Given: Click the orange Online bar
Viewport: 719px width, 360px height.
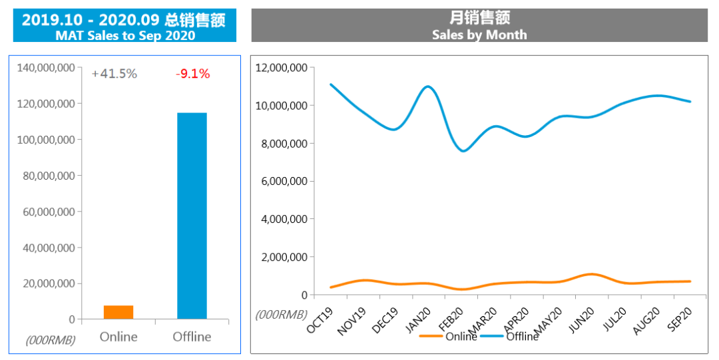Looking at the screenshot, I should click(x=119, y=312).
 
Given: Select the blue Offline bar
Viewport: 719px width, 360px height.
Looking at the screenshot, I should click(x=192, y=216).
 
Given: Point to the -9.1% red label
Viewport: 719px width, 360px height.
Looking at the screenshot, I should click(x=192, y=74).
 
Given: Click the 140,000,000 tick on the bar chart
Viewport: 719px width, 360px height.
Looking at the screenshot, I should click(x=46, y=68).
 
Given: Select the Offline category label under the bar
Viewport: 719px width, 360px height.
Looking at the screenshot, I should click(x=192, y=337).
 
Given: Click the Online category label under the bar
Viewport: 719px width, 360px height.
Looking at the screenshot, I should click(x=119, y=337).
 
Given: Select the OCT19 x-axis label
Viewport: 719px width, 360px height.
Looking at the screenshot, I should click(x=320, y=318).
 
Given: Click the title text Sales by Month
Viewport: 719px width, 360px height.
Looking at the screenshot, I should click(x=479, y=35).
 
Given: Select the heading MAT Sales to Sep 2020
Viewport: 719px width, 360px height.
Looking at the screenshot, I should click(x=124, y=35).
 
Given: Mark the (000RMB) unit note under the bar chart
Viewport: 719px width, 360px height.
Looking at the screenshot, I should click(x=51, y=340).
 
